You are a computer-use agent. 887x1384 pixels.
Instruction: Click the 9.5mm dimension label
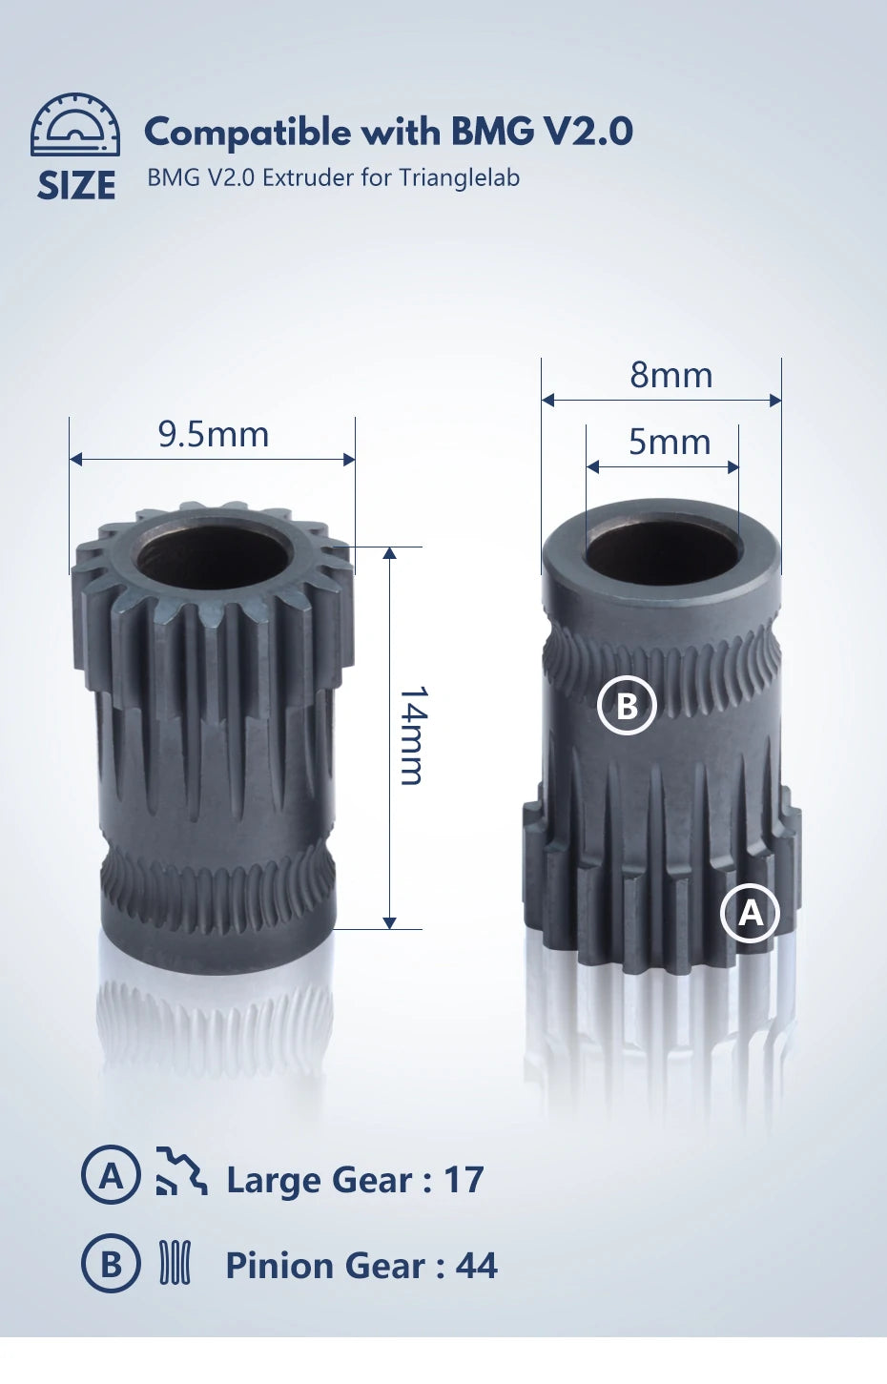[x=214, y=435]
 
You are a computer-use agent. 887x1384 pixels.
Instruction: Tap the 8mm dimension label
[x=670, y=376]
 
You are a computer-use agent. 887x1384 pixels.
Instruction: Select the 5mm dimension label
[x=670, y=443]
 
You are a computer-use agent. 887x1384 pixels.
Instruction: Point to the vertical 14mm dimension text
[x=412, y=735]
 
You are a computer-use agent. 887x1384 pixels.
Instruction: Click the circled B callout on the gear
[x=627, y=706]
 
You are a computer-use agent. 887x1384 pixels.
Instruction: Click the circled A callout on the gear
[x=751, y=914]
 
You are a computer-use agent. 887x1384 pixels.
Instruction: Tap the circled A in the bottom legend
[x=111, y=1175]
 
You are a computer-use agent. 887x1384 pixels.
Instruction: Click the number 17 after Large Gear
[x=464, y=1181]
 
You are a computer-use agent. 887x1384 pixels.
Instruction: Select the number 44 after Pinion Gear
[x=476, y=1267]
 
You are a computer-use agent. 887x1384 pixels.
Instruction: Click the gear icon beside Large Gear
[x=180, y=1172]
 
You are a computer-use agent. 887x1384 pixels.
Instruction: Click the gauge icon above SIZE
[x=75, y=125]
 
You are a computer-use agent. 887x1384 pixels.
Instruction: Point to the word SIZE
[x=76, y=186]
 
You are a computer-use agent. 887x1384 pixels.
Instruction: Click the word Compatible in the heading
[x=247, y=133]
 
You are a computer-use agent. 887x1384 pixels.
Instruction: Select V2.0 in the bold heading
[x=588, y=132]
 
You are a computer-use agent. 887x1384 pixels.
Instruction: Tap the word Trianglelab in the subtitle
[x=459, y=178]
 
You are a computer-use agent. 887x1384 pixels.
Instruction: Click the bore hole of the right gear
[x=663, y=553]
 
